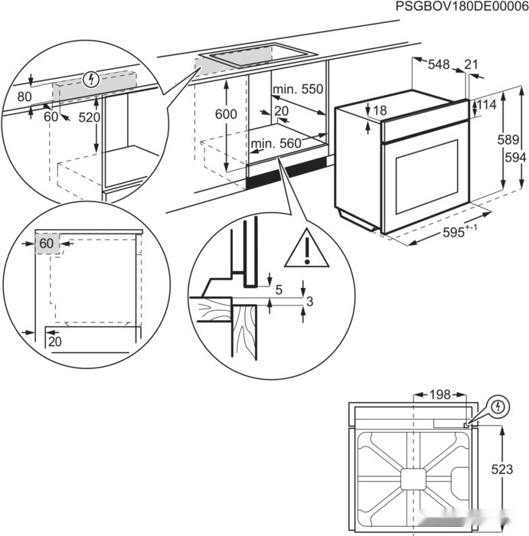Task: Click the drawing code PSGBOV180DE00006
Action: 462,7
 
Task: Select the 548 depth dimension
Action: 439,65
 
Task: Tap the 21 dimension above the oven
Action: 470,65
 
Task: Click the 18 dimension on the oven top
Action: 379,110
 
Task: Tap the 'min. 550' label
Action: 299,90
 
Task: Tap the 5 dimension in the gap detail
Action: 279,289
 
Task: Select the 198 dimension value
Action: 439,394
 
